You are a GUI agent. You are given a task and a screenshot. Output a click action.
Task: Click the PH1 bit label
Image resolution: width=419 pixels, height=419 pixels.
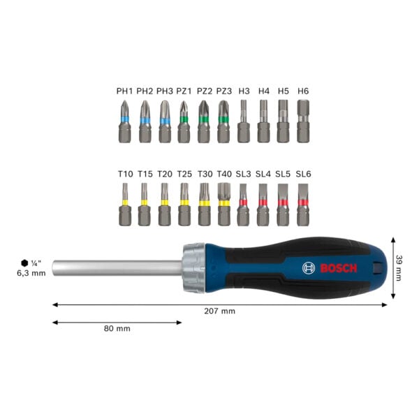124,91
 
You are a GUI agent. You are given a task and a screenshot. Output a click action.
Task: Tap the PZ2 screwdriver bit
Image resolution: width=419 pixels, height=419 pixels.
204,122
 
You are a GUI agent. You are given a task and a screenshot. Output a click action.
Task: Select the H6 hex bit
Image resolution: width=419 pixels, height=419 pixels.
303,121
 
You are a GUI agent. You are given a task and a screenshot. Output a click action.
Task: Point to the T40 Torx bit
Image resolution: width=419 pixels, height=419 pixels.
224,204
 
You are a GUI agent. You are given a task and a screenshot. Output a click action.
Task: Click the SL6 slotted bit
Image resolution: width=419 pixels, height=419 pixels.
303,205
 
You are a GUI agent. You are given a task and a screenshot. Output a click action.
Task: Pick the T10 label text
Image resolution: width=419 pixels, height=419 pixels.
126,174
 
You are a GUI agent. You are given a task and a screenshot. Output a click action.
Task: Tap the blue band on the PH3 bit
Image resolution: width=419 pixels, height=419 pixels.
165,121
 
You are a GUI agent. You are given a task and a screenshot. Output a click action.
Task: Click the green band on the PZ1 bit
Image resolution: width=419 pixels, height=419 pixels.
184,119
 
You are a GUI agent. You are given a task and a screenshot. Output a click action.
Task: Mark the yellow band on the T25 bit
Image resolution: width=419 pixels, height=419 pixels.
184,203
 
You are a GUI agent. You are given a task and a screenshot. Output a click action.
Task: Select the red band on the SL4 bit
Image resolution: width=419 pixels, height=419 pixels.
263,203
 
